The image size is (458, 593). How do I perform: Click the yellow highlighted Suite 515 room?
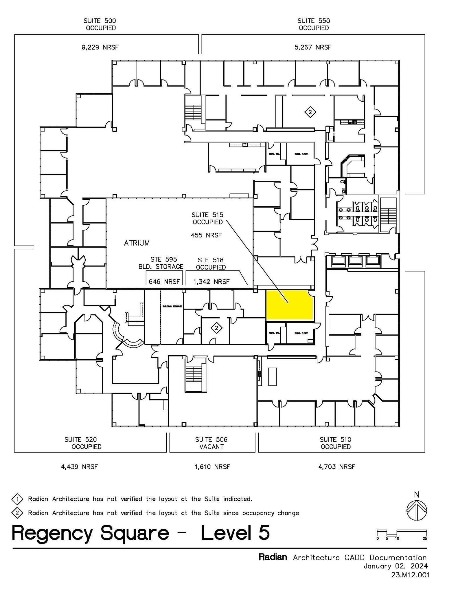[x=289, y=306]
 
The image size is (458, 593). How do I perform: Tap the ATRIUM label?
[x=137, y=243]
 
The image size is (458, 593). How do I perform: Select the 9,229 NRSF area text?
[x=100, y=47]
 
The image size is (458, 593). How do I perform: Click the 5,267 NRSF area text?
[x=313, y=47]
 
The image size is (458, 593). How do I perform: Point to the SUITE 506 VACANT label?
[x=211, y=443]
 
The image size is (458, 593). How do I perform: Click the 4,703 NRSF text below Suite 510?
[x=336, y=467]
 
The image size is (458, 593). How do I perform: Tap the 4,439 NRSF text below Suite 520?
[x=79, y=467]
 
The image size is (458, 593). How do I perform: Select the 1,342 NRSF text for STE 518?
[x=211, y=281]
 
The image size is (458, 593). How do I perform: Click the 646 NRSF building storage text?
[x=164, y=281]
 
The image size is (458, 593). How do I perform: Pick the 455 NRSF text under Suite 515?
[x=206, y=235]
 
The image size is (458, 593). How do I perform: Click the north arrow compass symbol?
[x=417, y=510]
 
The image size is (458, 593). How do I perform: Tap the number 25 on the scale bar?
[x=425, y=539]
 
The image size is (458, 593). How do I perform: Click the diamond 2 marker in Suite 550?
[x=310, y=112]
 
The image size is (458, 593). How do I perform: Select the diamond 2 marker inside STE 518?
[x=216, y=328]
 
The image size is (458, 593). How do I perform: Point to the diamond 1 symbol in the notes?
[x=17, y=499]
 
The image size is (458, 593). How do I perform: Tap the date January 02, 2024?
[x=396, y=566]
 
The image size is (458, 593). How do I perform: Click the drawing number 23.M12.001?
[x=410, y=575]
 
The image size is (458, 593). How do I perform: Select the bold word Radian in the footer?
[x=273, y=557]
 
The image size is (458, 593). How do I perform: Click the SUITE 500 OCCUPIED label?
[x=100, y=24]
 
